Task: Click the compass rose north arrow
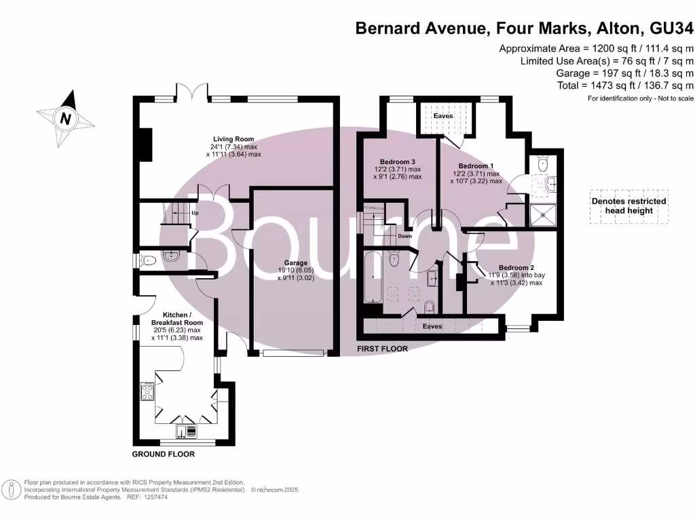point(66,118)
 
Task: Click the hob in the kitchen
point(148,391)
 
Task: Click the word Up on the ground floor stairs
point(195,213)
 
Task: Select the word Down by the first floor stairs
point(405,236)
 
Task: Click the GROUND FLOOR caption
point(163,454)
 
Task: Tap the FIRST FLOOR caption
point(383,349)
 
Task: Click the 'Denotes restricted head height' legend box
point(628,206)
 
